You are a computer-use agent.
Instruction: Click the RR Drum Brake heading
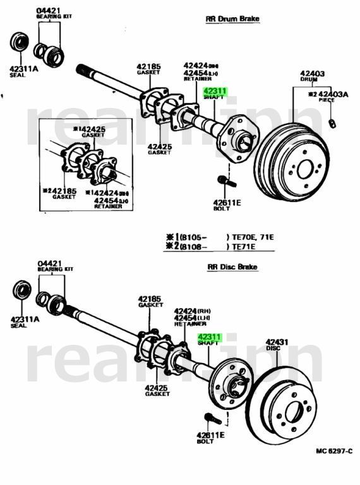232,19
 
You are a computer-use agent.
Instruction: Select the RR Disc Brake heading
232,267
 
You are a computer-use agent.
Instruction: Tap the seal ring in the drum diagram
20,44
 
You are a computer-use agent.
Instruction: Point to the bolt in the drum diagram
226,182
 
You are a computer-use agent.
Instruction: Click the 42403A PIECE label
328,97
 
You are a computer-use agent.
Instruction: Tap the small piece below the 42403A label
332,122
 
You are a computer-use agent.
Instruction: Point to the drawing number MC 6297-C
334,452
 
